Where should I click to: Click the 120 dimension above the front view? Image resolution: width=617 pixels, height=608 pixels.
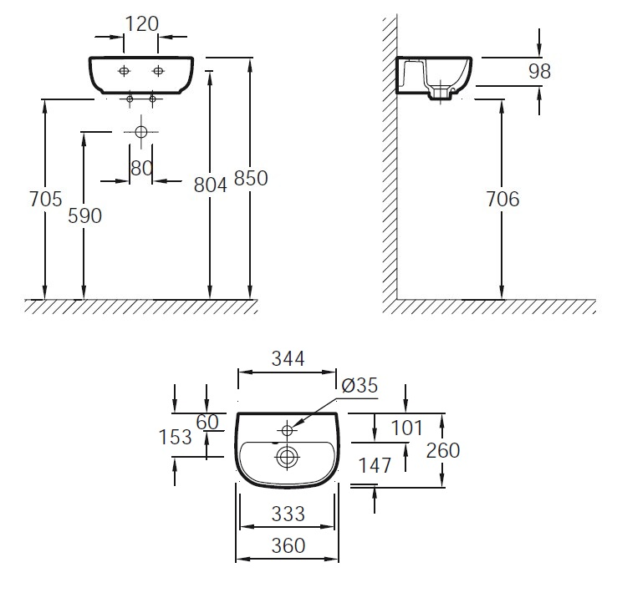pos(141,23)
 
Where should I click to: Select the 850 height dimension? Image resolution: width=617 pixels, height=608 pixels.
pos(251,180)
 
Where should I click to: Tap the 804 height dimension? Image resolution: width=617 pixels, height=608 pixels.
pos(211,185)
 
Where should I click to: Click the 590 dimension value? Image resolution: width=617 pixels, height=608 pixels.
pos(84,215)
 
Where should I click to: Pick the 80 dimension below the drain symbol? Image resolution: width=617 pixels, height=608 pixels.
pos(141,168)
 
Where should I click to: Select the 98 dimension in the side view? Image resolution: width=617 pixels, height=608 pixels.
pos(540,72)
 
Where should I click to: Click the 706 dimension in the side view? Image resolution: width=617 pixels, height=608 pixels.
pos(502,199)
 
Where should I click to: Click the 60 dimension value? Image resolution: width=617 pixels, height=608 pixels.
pos(207,422)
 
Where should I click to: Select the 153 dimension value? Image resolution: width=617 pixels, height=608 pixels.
pos(175,437)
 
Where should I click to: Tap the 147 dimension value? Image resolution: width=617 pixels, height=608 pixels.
pos(375,466)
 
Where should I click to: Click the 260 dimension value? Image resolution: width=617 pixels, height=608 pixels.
pos(443,450)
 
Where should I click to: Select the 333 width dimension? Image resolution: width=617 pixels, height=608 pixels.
pos(288,513)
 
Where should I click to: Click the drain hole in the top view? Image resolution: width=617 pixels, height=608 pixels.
pos(287,457)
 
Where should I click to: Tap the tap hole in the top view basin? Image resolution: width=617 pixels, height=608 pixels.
pos(287,430)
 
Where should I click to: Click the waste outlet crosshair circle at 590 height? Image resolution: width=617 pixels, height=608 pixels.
pos(140,132)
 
